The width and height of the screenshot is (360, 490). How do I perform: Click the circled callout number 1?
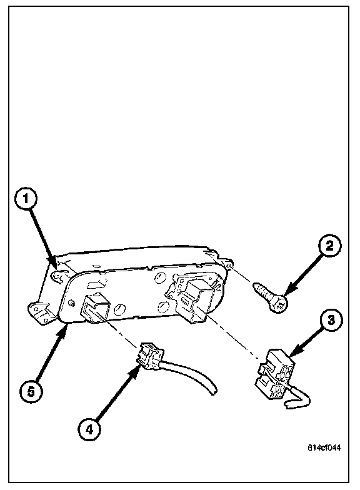(26, 199)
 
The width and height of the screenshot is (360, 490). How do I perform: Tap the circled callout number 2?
(330, 246)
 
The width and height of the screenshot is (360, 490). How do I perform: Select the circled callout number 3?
(331, 320)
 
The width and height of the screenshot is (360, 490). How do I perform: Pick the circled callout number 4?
(89, 430)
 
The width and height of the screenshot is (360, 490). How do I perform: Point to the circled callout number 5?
(31, 391)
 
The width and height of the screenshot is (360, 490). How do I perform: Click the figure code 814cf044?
(324, 447)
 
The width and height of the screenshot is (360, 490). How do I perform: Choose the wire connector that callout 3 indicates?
(275, 373)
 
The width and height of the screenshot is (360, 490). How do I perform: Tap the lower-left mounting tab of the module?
(40, 312)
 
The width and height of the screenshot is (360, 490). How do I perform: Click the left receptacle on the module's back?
(95, 307)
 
